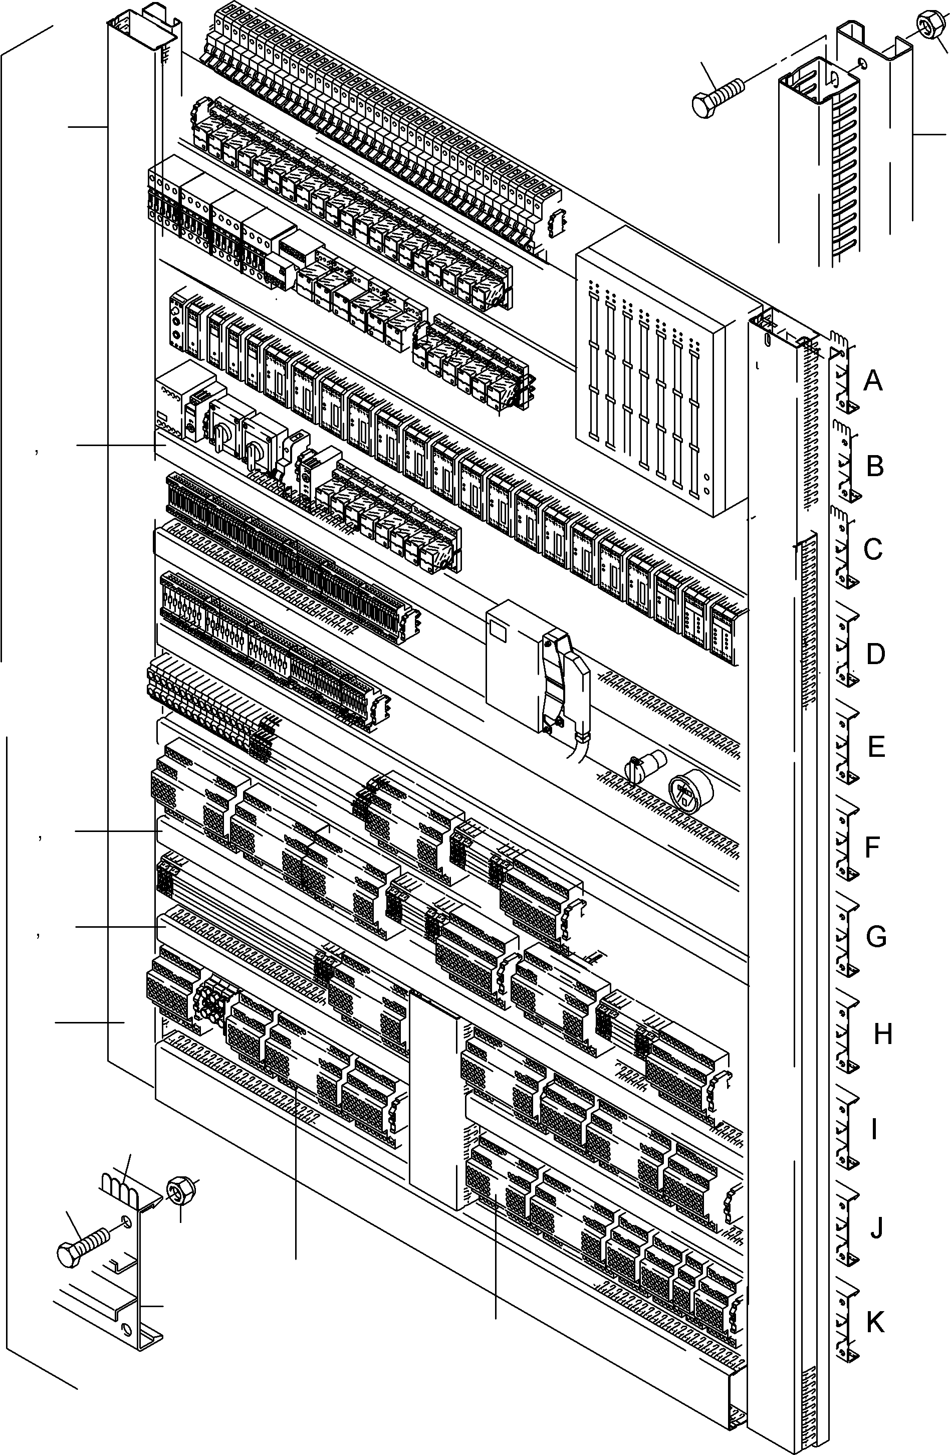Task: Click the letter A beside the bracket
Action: [x=873, y=381]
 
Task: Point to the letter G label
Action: [x=876, y=937]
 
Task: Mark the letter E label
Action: [x=876, y=747]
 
